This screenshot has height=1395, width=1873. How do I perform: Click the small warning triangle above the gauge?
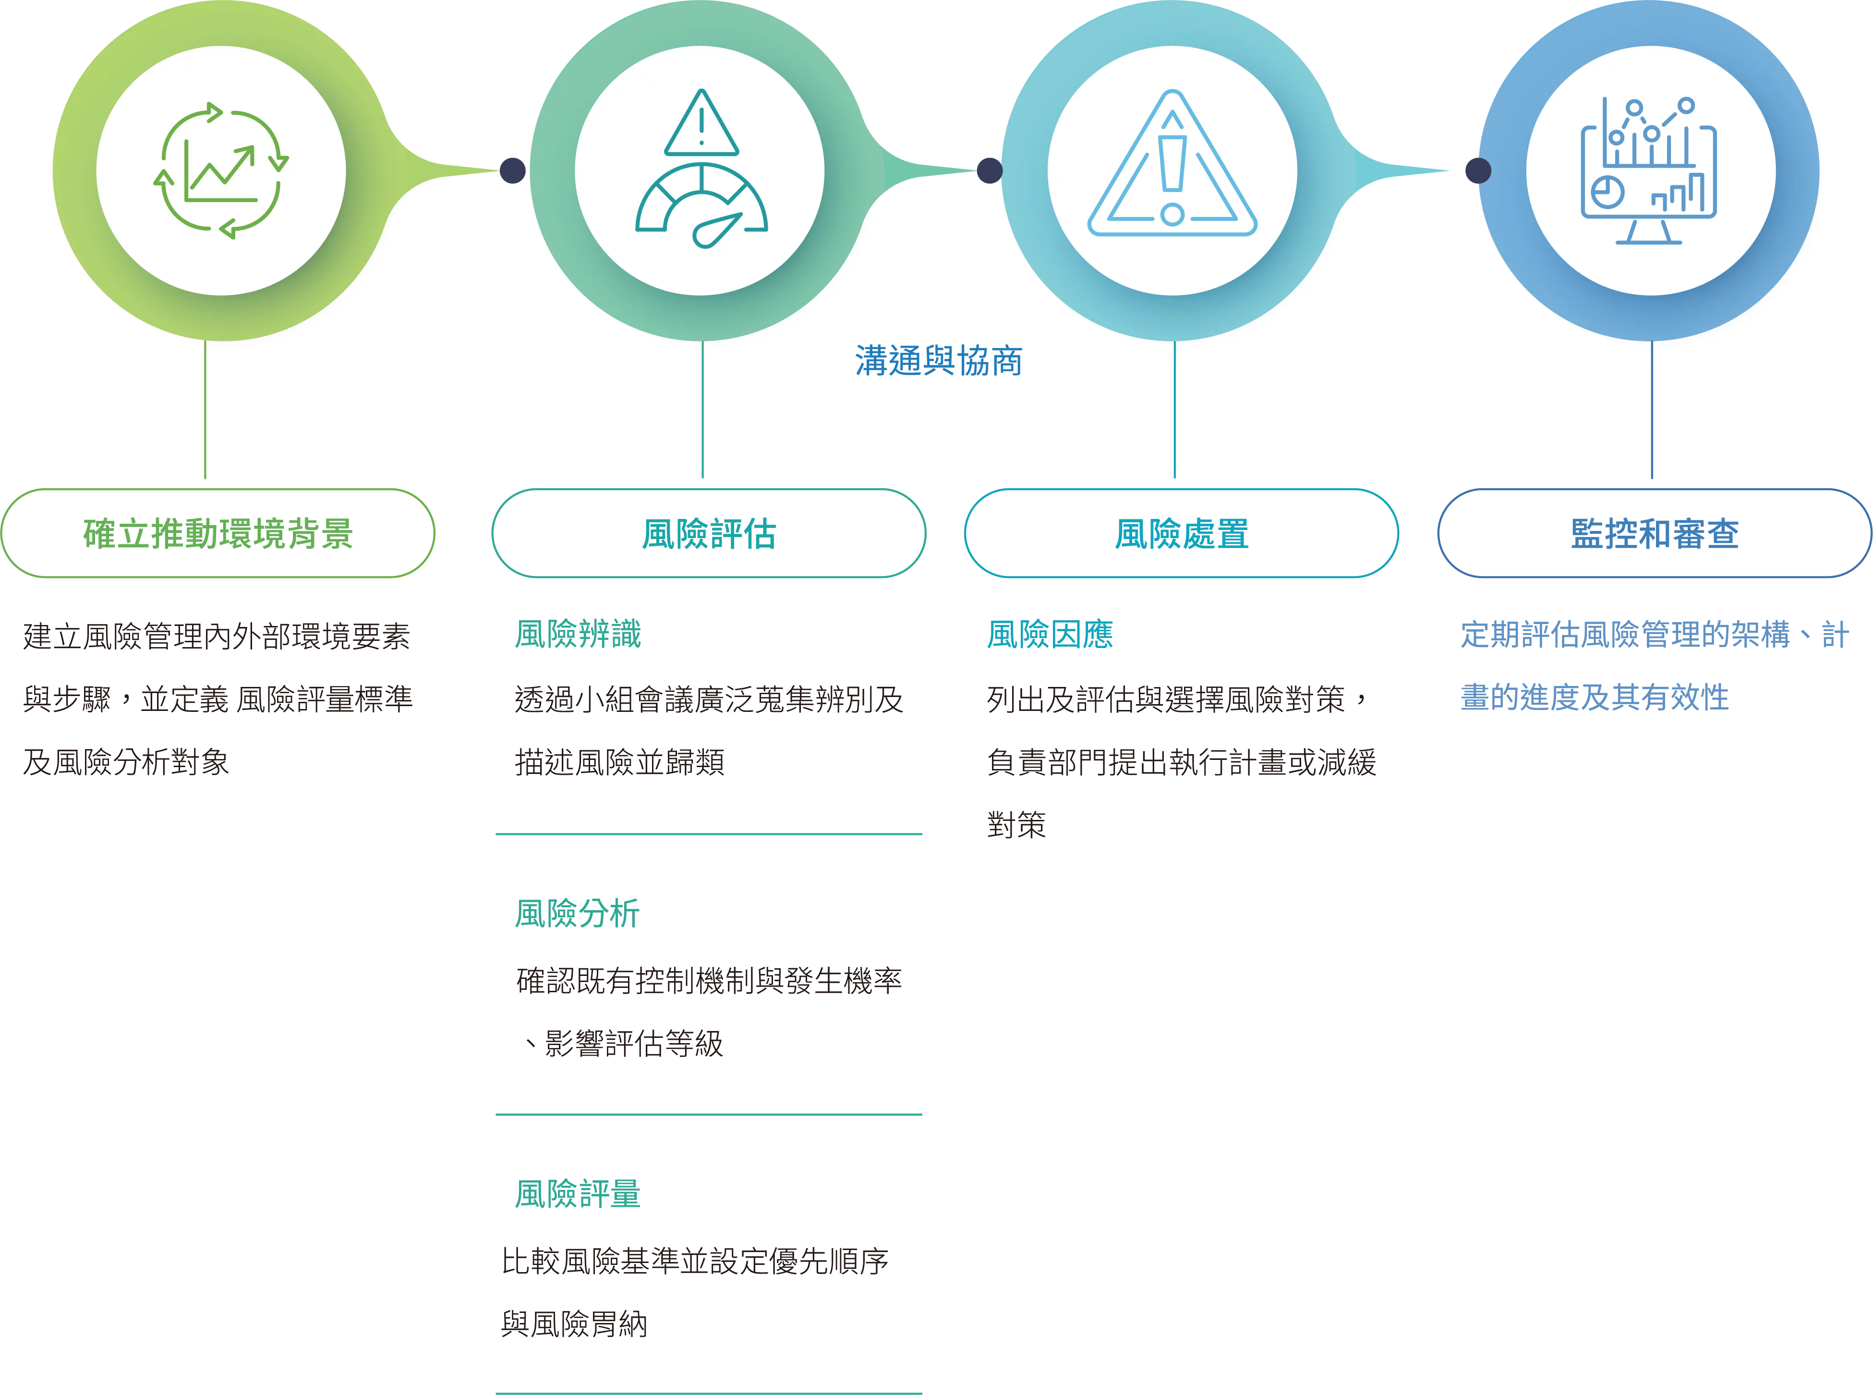pos(701,124)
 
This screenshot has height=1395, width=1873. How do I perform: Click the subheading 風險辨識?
pos(579,633)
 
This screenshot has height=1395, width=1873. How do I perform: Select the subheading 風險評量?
pos(579,1193)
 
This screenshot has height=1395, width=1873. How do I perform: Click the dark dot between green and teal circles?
pos(513,170)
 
